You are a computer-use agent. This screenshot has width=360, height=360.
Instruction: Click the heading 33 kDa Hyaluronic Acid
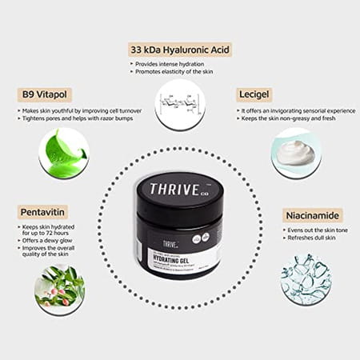pyautogui.click(x=179, y=50)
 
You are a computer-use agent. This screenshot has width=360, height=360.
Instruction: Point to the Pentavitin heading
pyautogui.click(x=43, y=212)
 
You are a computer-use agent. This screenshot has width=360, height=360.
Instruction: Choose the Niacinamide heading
pyautogui.click(x=313, y=215)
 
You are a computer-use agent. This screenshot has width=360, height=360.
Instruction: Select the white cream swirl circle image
pyautogui.click(x=297, y=151)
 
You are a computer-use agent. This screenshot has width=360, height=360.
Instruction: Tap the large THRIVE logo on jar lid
pyautogui.click(x=178, y=193)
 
